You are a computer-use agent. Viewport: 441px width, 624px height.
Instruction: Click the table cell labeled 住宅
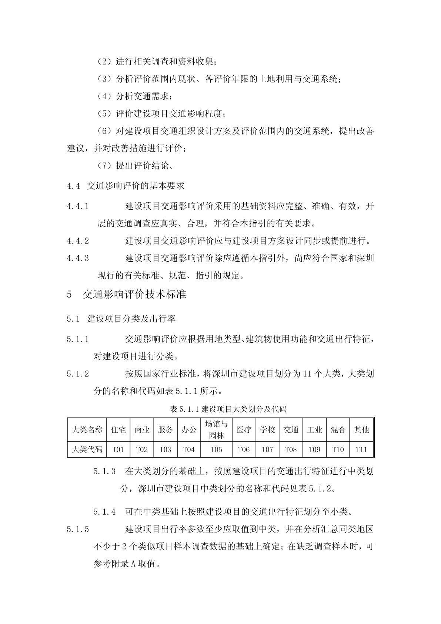click(x=118, y=429)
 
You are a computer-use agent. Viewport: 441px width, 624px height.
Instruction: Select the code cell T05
click(x=216, y=449)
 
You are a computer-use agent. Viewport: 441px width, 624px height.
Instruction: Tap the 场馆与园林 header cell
click(x=216, y=429)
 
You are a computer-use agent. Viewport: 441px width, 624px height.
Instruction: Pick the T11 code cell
click(x=361, y=449)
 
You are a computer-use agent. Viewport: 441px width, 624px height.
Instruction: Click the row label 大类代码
click(x=87, y=449)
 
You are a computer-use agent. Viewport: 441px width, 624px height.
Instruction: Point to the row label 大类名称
click(x=87, y=429)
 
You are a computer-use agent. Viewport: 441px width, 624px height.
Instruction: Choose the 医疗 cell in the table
click(x=244, y=429)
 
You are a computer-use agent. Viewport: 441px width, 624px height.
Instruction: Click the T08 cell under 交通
click(x=291, y=449)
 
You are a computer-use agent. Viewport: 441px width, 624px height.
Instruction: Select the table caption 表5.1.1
click(x=228, y=409)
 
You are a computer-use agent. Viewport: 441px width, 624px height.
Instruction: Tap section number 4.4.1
click(x=78, y=206)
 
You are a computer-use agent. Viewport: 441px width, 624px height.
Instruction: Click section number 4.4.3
click(x=78, y=258)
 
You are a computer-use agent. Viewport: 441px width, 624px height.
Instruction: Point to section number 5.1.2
click(x=78, y=374)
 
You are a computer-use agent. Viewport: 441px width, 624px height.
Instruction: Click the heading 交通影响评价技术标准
click(x=134, y=295)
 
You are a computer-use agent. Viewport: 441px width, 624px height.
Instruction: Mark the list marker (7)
click(x=104, y=166)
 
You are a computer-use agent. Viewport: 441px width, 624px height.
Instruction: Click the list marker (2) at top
click(x=104, y=62)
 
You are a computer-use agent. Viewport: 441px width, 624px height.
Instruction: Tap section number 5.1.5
click(x=78, y=529)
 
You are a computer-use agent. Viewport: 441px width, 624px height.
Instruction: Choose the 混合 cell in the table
click(x=338, y=429)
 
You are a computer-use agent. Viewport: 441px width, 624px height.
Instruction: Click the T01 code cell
click(x=118, y=449)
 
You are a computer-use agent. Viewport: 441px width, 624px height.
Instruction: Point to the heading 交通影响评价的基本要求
click(x=136, y=186)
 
